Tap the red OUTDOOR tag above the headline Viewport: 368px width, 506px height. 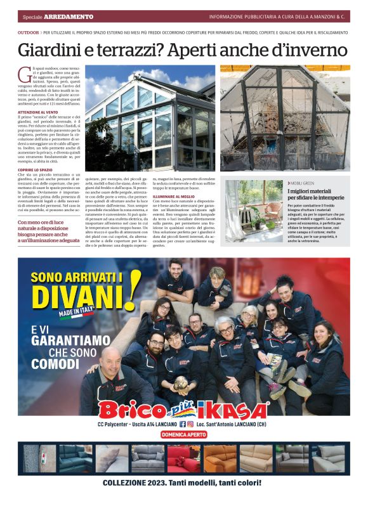28,30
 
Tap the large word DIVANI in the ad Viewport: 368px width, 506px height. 79,295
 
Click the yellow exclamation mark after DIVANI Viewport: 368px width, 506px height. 134,290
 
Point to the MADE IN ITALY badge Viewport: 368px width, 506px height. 76,313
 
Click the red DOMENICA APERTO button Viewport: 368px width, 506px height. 184,434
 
